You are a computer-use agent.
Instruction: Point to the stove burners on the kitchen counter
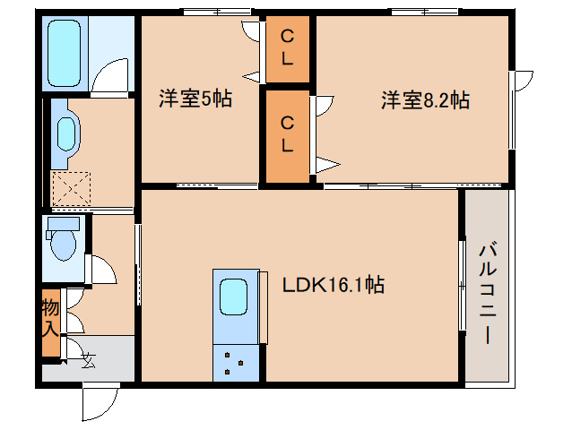coord(235,361)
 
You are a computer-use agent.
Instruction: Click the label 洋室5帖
coord(195,99)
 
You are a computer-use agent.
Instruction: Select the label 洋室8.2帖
coord(424,100)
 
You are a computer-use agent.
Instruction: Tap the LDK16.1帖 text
coord(334,286)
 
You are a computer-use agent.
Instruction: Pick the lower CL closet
coord(288,133)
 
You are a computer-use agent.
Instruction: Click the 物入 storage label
coord(50,317)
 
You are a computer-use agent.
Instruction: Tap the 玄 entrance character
coord(88,360)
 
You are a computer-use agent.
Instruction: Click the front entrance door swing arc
coord(99,404)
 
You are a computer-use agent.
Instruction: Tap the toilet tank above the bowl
coord(63,223)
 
